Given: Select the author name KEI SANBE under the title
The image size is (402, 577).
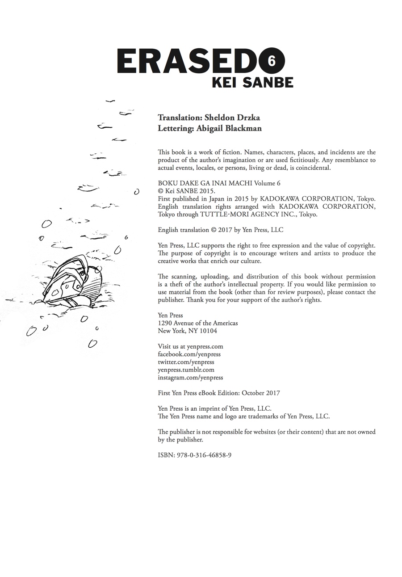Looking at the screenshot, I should point(252,83).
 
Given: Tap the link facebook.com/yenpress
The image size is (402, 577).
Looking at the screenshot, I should point(189,354).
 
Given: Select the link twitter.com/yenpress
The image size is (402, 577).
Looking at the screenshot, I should point(186,362).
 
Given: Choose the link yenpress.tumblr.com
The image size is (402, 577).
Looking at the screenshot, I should point(186,370).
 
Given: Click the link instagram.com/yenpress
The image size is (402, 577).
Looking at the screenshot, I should point(190,378).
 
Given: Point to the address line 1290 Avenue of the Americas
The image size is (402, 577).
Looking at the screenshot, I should point(198,323).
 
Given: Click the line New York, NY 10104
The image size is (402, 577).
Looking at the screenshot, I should point(188,331).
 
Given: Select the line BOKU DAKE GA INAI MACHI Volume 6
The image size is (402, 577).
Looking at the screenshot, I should point(219,183).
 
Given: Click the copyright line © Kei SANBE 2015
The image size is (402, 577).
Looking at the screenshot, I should point(187,191).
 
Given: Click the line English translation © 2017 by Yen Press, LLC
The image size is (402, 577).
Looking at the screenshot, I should point(221,230).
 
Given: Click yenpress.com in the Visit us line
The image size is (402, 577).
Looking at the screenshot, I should point(205,346).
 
